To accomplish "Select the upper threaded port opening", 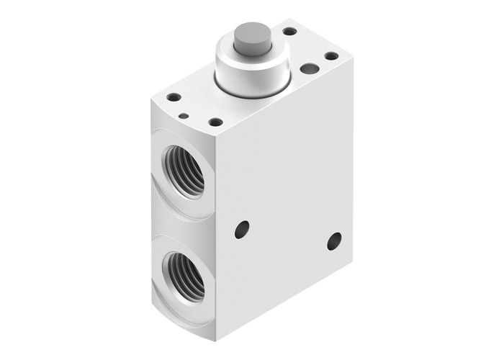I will [184, 170].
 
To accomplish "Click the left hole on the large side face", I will [242, 230].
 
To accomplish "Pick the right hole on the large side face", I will [334, 241].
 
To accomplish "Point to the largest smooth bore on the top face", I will [310, 69].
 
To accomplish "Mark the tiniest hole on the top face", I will [184, 115].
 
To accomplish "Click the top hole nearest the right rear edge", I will [331, 55].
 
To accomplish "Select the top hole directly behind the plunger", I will [289, 31].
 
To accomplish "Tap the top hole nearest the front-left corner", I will [174, 96].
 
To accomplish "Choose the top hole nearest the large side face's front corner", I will [215, 122].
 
